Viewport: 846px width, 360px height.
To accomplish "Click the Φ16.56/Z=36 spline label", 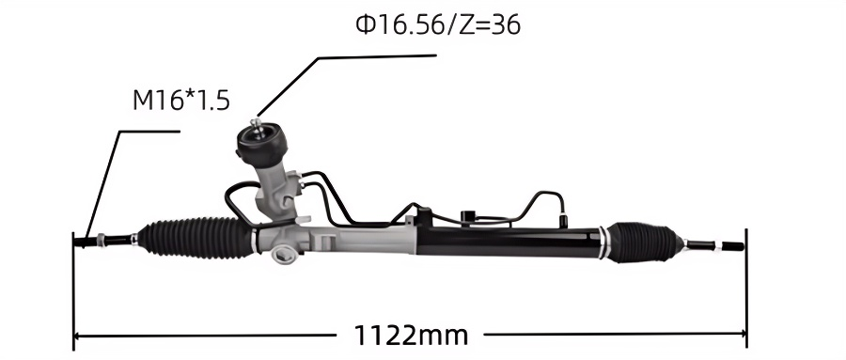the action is point(438,24).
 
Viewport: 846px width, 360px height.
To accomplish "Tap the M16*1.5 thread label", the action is point(181,101).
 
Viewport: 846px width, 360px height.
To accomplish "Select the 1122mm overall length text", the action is point(411,336).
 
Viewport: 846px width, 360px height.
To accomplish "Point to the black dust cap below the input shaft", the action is point(261,145).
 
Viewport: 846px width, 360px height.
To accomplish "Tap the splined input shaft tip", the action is point(258,125).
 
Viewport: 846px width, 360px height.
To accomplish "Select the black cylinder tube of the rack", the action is point(509,242).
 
